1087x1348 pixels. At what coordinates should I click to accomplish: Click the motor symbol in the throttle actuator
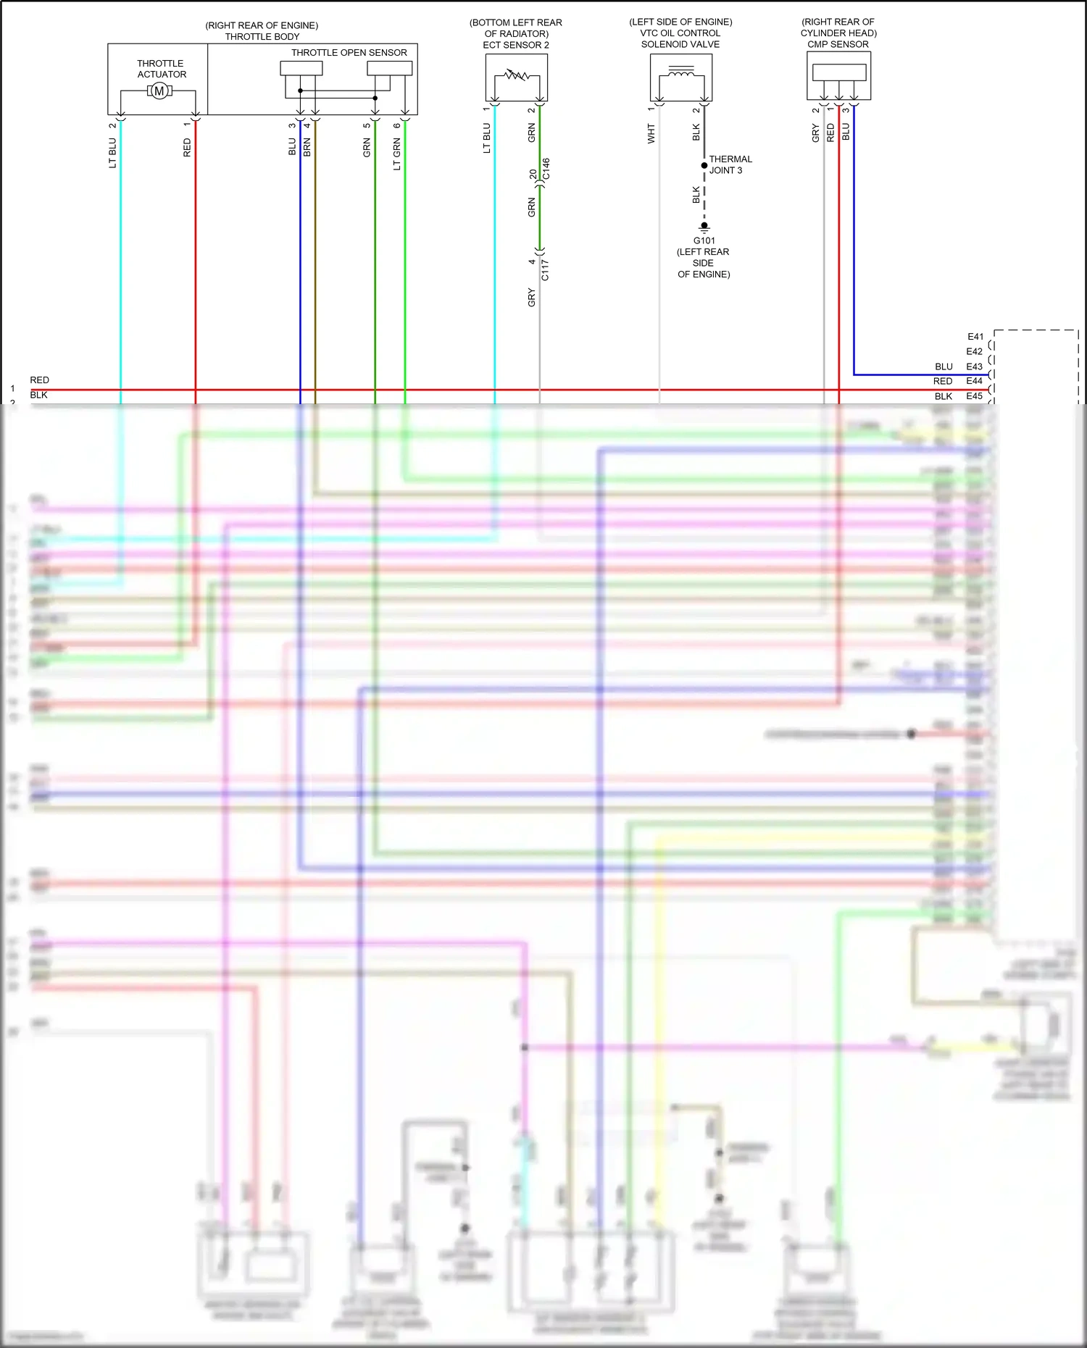coord(159,91)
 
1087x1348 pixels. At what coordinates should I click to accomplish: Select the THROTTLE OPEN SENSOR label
coord(349,52)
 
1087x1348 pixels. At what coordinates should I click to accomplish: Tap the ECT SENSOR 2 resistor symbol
coord(517,74)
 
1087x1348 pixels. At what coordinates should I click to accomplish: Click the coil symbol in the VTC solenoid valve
coord(680,72)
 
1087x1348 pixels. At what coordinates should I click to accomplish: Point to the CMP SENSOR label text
coord(838,44)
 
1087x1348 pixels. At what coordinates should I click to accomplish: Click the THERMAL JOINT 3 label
coord(730,164)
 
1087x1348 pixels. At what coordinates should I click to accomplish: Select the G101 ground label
coord(704,240)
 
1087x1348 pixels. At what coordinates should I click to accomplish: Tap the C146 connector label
coord(546,169)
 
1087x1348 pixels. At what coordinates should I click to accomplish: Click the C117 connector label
coord(546,269)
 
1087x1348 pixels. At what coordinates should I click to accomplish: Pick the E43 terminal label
coord(974,367)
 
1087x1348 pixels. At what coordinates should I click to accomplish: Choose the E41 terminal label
coord(975,337)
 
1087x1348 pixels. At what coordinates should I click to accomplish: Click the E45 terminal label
coord(974,396)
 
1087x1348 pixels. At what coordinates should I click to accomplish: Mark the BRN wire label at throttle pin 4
coord(307,148)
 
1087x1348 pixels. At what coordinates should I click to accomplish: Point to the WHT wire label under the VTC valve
coord(651,133)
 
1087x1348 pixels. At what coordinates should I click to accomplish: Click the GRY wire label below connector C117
coord(532,297)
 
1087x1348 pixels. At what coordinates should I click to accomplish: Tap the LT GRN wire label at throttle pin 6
coord(397,155)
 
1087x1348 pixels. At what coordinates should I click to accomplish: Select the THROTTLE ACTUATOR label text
coord(162,69)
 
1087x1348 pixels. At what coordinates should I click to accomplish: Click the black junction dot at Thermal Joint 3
coord(704,165)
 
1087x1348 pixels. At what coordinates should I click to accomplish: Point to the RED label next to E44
coord(942,381)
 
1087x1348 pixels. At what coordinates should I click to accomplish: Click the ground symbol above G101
coord(704,227)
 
